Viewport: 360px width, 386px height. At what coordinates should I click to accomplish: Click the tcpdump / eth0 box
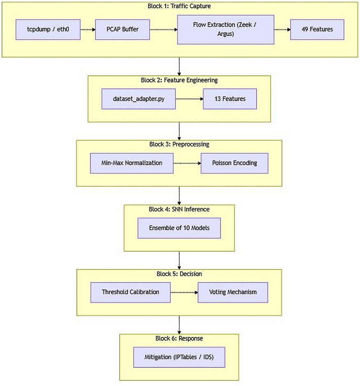coord(48,30)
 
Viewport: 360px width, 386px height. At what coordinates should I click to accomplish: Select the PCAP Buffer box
coord(123,30)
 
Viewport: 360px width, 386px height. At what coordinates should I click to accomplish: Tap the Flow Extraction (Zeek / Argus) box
coord(226,30)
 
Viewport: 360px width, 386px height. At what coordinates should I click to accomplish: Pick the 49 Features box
coord(317,30)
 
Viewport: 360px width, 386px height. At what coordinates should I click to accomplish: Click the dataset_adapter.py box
coord(138,99)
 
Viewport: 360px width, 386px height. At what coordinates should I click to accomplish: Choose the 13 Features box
coord(230,99)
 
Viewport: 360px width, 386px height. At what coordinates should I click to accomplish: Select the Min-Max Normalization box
coord(132,163)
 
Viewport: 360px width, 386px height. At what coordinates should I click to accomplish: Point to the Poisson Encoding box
coord(235,163)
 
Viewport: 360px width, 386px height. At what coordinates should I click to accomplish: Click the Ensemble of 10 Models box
coord(179,228)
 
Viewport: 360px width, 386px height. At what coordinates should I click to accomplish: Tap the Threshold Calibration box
coord(130,292)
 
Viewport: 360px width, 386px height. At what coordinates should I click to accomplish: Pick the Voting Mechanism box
coord(233,292)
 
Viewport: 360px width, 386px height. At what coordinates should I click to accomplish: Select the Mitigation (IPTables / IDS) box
coord(179,357)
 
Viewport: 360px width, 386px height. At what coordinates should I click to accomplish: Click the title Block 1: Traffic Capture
coord(179,6)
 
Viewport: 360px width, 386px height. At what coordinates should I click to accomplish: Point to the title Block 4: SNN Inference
coord(179,209)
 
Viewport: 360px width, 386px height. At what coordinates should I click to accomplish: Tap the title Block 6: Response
coord(179,339)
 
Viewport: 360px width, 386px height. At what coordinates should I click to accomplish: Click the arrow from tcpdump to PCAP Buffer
coord(88,30)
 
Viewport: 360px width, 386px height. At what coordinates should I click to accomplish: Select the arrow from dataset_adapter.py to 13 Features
coord(189,99)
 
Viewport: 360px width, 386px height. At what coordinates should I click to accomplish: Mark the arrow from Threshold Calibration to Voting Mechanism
coord(184,292)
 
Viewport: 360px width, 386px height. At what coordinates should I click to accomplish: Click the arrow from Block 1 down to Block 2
coord(179,66)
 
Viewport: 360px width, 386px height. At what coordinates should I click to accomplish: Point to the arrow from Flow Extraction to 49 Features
coord(282,30)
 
